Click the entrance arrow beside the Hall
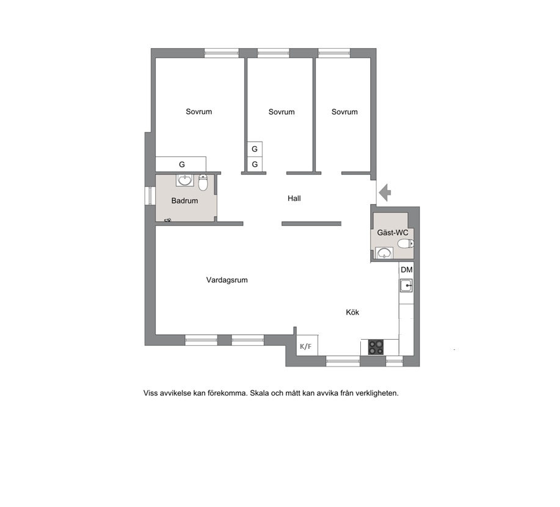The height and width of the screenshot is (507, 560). coord(385,192)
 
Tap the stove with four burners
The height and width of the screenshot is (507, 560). coord(376,347)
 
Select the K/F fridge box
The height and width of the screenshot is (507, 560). coord(307,345)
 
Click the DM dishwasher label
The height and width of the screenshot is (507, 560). coord(407,270)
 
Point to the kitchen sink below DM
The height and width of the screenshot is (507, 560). coord(407,285)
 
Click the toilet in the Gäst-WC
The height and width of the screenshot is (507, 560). coord(405,244)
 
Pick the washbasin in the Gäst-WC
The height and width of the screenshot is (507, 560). coord(384,253)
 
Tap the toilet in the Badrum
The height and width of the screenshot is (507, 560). coord(203,183)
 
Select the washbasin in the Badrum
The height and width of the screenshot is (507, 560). coord(184,180)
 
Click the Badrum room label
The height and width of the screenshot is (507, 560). coord(184,201)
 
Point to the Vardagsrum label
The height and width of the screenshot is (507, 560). coord(227,280)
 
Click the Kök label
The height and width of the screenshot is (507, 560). coord(352,312)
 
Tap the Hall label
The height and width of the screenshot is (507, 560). coord(294,199)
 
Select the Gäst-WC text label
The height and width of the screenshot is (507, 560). coord(393,233)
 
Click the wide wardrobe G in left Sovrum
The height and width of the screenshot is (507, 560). coord(181,164)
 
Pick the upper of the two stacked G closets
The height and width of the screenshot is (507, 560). coord(255,149)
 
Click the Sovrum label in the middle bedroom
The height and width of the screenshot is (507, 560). coord(282,112)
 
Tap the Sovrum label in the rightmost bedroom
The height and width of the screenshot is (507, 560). coord(344,112)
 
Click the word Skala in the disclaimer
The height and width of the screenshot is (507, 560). coord(260,393)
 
